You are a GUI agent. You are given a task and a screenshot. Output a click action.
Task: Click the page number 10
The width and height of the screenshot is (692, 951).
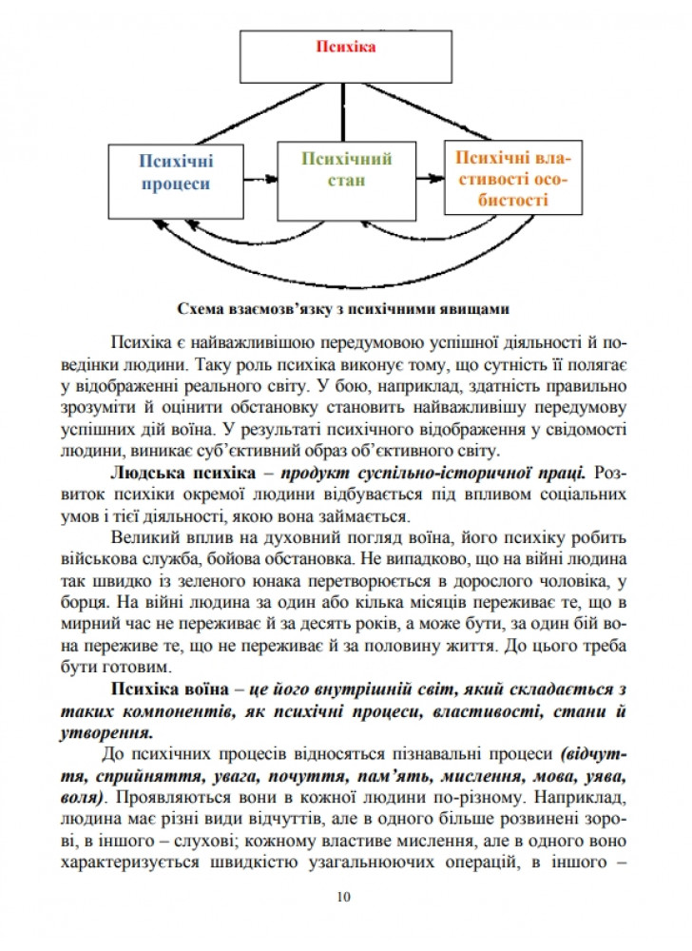click(344, 897)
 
